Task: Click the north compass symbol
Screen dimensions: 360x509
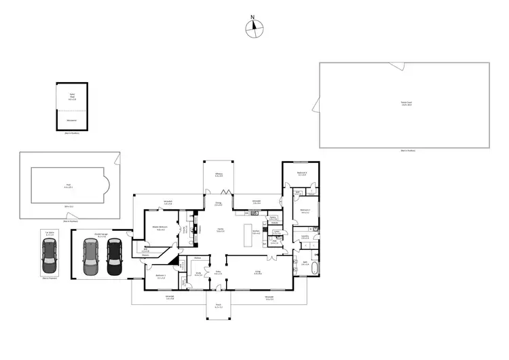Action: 253,27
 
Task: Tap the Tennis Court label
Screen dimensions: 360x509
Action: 406,103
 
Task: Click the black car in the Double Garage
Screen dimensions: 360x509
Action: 114,256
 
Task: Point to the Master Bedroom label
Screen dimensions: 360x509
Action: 161,228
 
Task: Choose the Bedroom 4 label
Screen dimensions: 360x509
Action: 302,173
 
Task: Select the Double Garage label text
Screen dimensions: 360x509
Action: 102,234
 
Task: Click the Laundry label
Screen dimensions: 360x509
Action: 305,236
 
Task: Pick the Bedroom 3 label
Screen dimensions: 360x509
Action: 161,277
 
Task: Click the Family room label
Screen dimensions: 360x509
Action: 221,230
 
